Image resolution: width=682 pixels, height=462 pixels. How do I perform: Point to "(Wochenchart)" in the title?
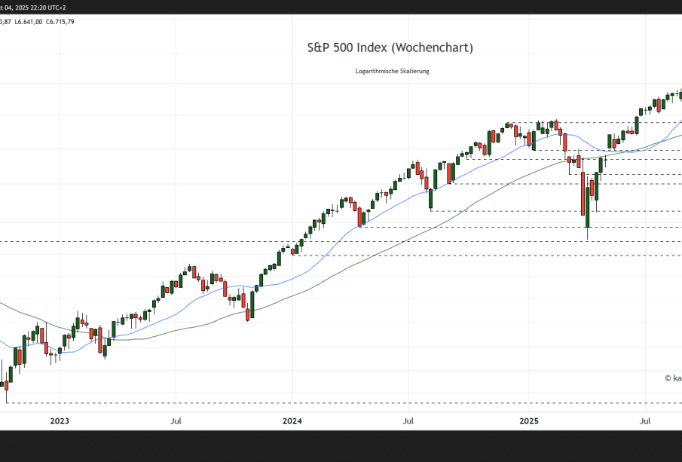coord(434,47)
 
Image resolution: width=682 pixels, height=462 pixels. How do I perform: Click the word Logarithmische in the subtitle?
coord(377,71)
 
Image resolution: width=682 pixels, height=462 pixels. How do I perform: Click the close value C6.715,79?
coord(60,22)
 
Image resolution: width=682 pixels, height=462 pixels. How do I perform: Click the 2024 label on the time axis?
coord(292,421)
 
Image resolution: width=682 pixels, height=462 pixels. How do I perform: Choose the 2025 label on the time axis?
coord(528,421)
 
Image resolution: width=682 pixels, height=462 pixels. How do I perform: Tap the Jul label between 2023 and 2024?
coord(175,421)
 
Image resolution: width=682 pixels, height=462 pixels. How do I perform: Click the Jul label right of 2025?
coord(646,421)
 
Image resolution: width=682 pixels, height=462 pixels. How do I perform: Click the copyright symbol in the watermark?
coord(668,378)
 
